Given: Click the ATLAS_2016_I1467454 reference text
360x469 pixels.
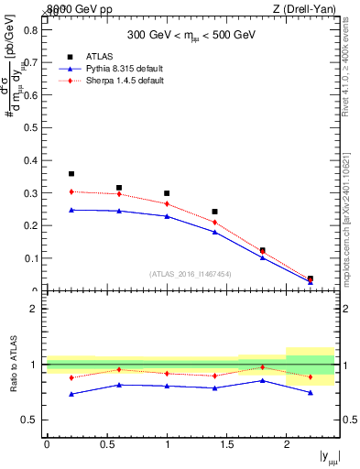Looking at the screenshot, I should point(191,273).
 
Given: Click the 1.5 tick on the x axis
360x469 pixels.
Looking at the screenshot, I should point(226,444).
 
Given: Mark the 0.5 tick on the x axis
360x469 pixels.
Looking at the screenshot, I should point(106,444).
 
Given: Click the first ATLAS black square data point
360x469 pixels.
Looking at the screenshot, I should point(71,173).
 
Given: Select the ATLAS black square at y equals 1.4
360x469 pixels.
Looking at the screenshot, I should point(214,212).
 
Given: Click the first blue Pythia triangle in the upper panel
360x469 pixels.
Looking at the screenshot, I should point(71,210).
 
